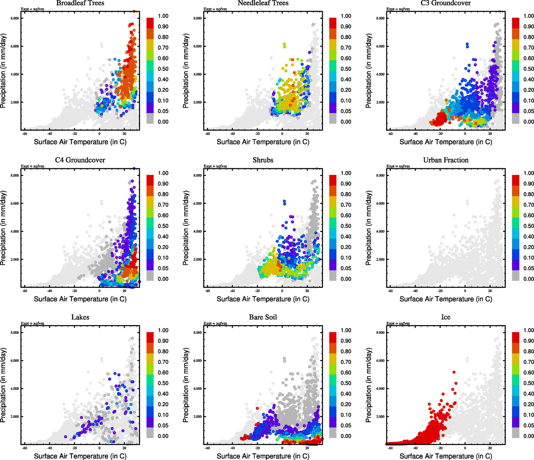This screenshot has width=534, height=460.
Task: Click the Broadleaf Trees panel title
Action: [x=80, y=3]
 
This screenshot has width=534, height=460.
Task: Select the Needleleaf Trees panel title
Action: [x=263, y=3]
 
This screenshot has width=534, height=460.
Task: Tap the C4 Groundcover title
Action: [x=80, y=160]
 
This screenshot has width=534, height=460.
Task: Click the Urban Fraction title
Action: [x=445, y=160]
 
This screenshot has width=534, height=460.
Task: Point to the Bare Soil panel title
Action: [x=263, y=317]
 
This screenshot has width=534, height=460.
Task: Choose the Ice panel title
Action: [x=445, y=317]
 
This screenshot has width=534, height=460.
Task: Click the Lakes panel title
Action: [x=80, y=317]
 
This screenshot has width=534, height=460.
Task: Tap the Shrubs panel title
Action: [x=263, y=160]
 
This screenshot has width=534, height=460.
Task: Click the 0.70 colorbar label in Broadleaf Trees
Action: [x=163, y=48]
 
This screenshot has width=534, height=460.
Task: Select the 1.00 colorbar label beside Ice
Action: [x=529, y=330]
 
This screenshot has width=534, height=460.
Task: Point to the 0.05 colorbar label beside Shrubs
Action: [x=346, y=268]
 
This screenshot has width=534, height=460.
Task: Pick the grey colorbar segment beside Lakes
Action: [x=150, y=433]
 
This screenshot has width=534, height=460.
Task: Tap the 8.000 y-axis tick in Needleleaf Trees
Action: [x=197, y=18]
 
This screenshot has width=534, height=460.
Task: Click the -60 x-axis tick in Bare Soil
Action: [x=207, y=448]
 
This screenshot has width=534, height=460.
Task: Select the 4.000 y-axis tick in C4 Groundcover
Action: [x=15, y=232]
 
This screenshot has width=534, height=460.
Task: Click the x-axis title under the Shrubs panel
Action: [x=263, y=299]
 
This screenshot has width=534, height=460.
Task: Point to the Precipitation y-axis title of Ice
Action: [x=369, y=385]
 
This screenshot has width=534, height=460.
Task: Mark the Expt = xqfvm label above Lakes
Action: [x=32, y=324]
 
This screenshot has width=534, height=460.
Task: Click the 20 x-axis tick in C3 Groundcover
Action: [x=490, y=134]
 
